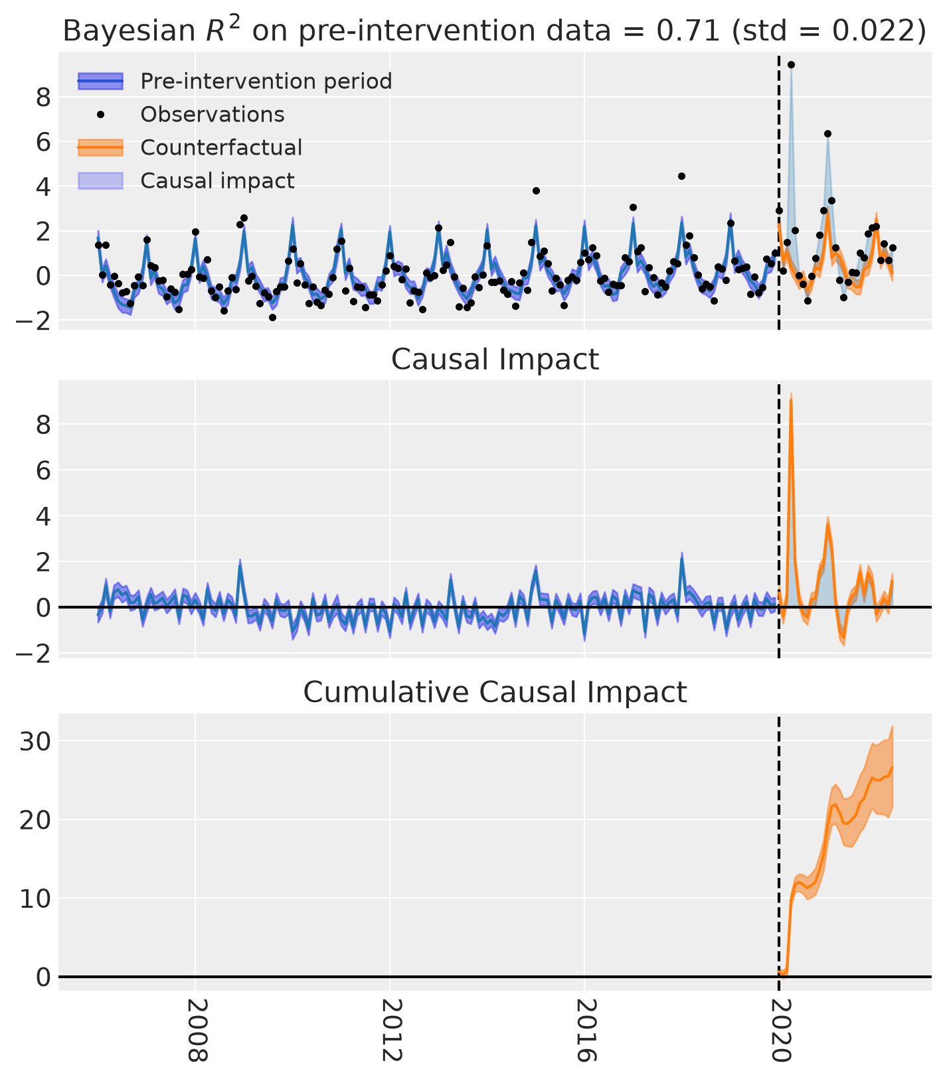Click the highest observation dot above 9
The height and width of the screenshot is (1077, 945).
point(791,64)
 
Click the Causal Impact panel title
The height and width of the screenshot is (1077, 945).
point(495,360)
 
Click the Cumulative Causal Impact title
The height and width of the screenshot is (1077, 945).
point(495,692)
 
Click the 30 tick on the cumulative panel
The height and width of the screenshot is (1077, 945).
point(35,741)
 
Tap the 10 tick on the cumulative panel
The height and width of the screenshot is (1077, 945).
point(35,898)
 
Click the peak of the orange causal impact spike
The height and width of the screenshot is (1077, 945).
point(791,399)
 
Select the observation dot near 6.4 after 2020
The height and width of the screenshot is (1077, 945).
point(827,133)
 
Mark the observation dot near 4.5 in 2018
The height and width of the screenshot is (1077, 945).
point(681,176)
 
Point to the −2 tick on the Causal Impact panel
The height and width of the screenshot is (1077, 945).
point(35,653)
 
